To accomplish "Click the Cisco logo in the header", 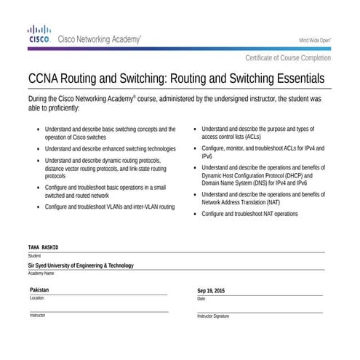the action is point(38,34).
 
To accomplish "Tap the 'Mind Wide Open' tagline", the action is point(315,40).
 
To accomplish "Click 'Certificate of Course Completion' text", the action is point(288,57).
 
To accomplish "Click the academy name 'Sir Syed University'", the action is point(81,265).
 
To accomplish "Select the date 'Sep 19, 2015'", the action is point(211,291).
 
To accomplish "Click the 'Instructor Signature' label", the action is point(213,316).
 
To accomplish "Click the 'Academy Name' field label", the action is point(41,273).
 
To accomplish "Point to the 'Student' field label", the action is point(35,256).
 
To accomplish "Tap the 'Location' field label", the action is point(37,298).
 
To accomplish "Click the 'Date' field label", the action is point(201,299).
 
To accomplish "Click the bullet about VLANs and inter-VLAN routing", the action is point(110,207).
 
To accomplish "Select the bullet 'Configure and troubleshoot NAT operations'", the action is point(249,215).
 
